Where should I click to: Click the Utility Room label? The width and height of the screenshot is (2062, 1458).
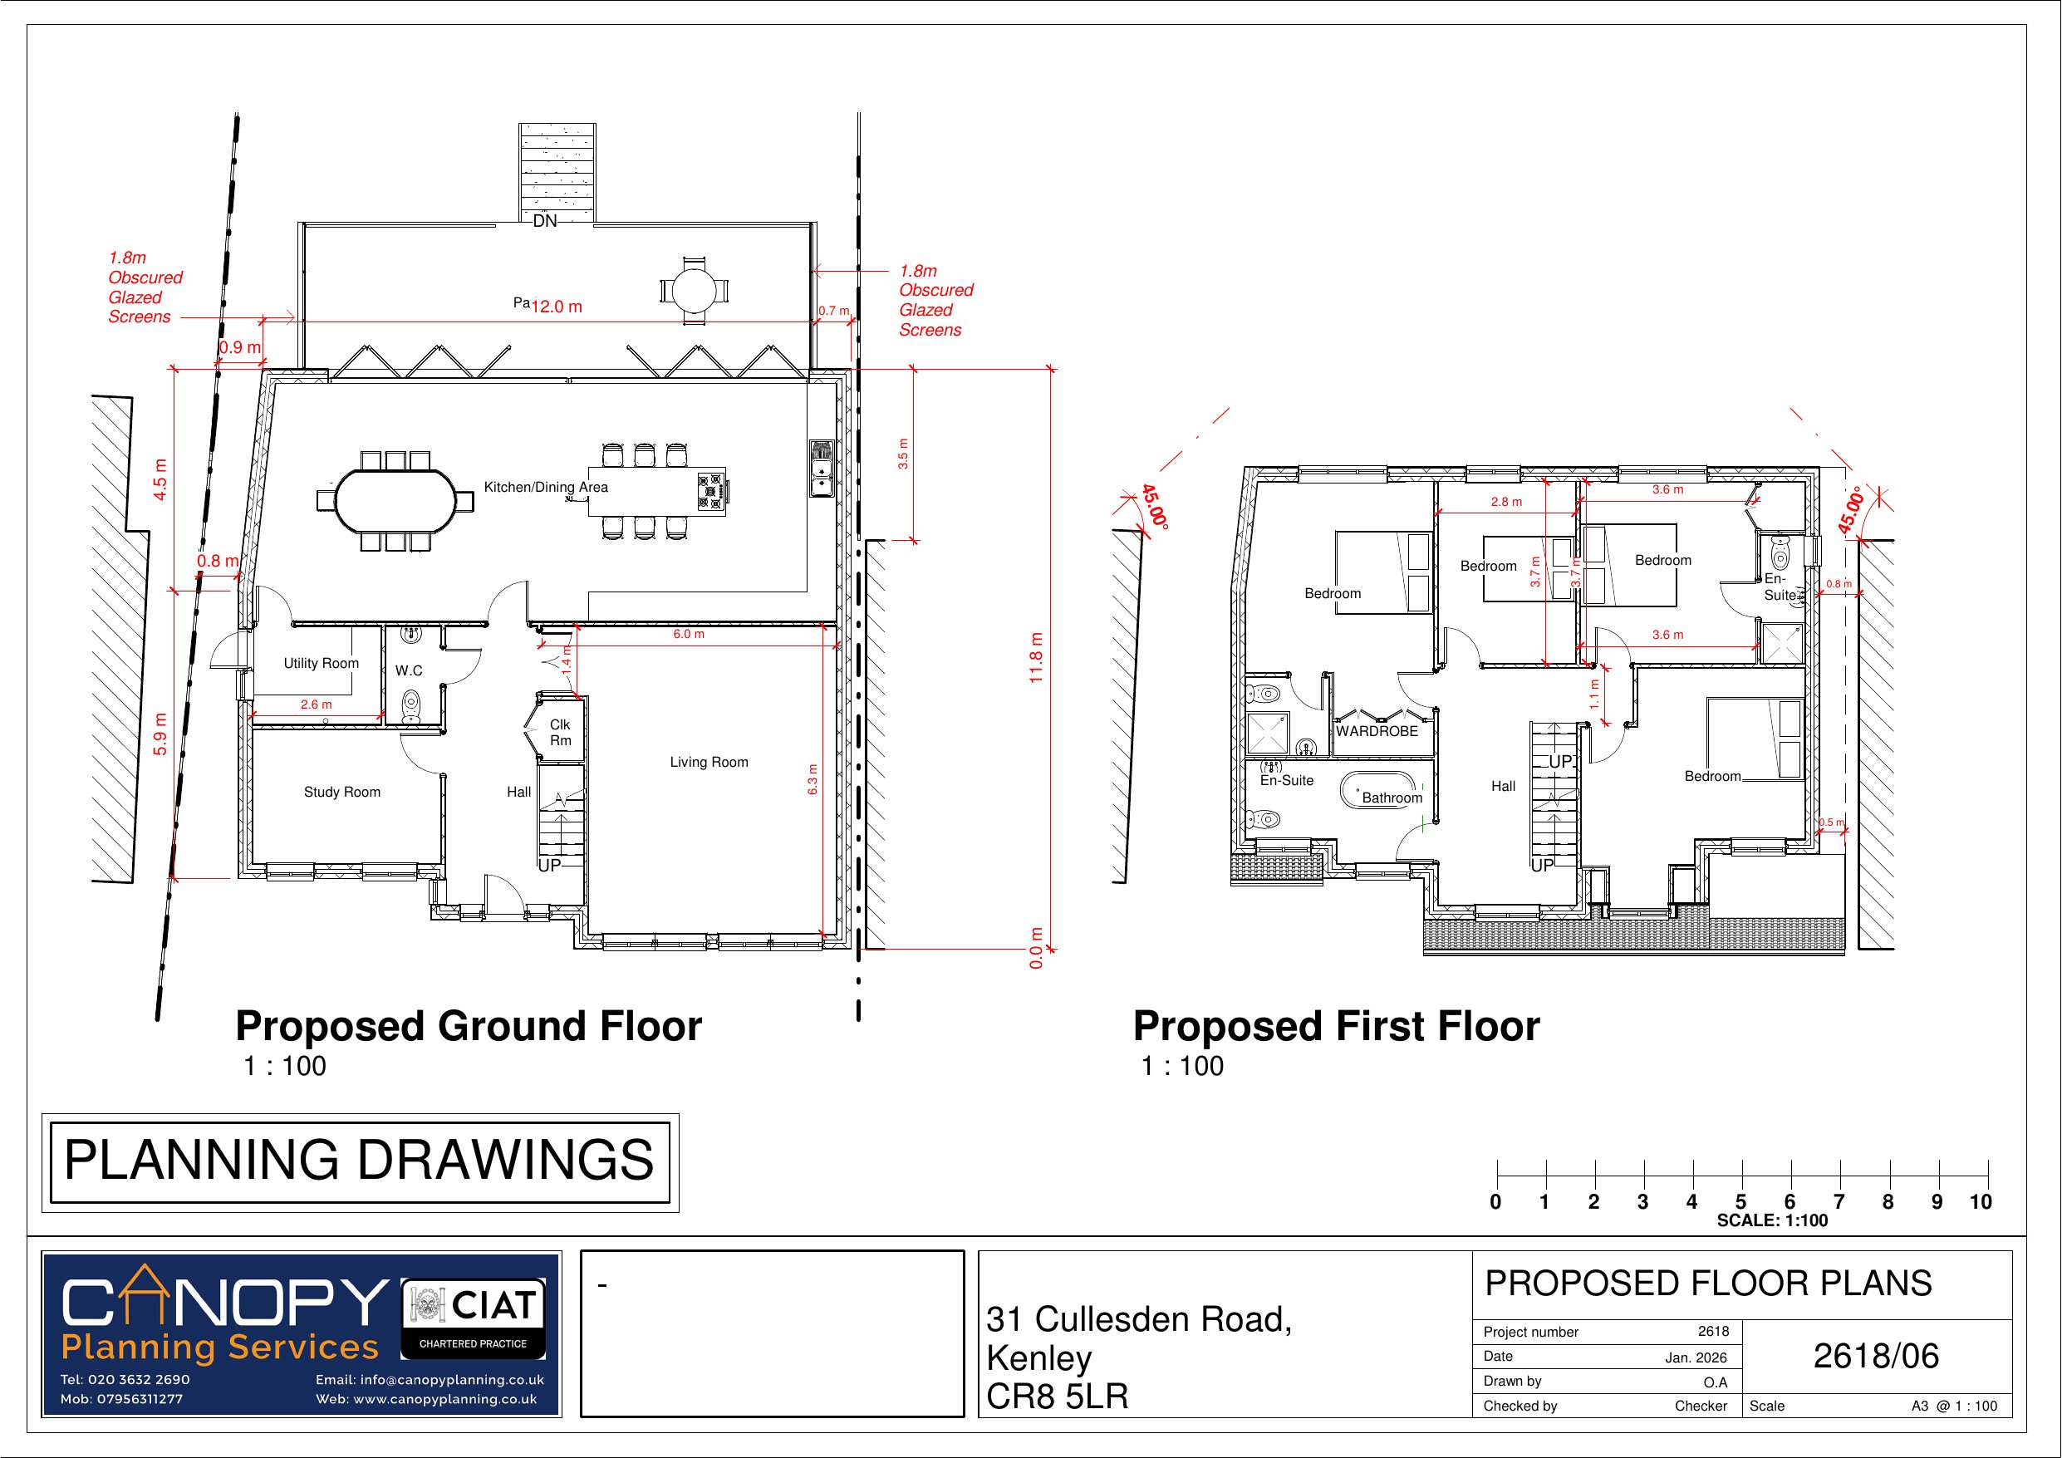click(321, 663)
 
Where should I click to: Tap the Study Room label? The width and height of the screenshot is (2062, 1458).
click(341, 792)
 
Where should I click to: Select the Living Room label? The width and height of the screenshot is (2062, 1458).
click(709, 762)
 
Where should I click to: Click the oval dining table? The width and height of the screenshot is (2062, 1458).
click(395, 500)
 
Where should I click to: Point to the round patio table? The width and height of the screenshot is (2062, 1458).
click(695, 290)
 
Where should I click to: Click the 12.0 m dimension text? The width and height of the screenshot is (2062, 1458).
click(557, 307)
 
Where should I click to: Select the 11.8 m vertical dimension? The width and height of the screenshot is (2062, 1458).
click(1036, 658)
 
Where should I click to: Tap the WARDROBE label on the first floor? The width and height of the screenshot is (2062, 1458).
click(1376, 731)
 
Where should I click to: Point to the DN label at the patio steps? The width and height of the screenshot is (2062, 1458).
click(545, 221)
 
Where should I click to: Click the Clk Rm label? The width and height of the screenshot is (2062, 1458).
click(561, 732)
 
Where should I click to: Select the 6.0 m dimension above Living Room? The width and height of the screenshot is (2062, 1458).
click(689, 634)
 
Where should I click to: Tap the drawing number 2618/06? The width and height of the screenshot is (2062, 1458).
click(1875, 1356)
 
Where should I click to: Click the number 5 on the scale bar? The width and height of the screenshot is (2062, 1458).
click(1740, 1202)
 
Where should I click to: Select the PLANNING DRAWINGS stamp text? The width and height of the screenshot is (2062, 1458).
click(359, 1161)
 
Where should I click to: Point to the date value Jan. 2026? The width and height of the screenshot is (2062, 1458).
click(1696, 1357)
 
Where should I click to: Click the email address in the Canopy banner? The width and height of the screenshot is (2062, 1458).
click(430, 1380)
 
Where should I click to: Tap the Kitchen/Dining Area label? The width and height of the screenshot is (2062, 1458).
click(545, 487)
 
